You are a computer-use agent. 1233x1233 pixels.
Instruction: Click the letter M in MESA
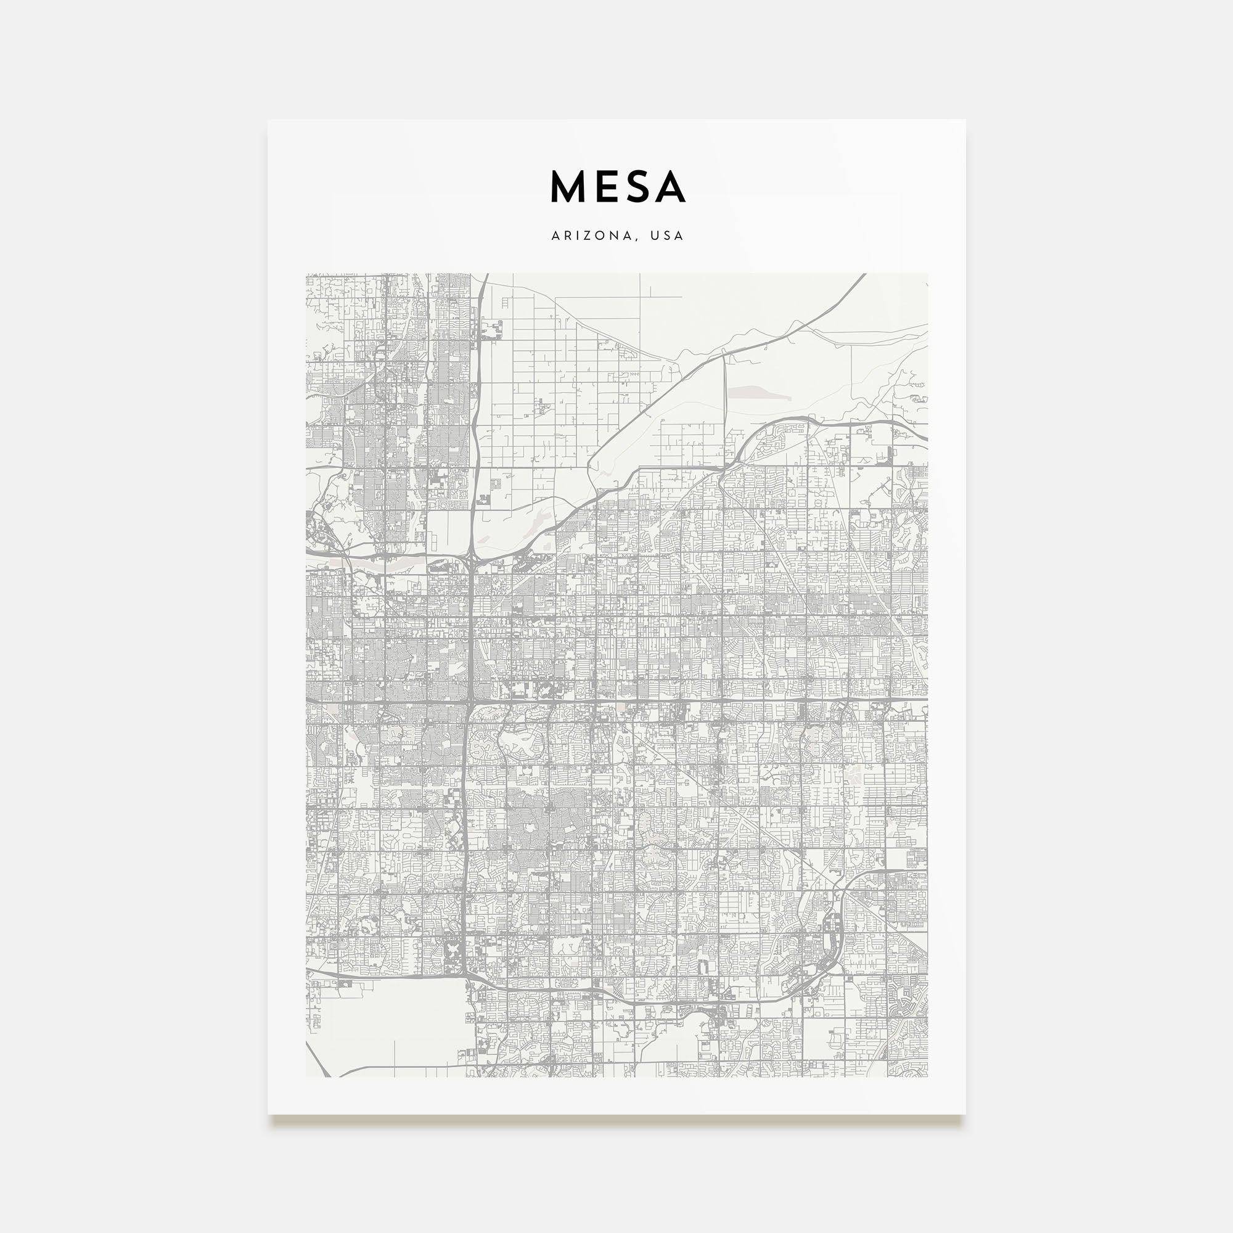point(568,186)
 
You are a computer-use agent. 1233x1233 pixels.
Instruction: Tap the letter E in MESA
point(607,186)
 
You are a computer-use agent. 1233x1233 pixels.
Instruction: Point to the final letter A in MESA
point(670,186)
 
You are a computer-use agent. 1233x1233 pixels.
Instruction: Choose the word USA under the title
point(668,236)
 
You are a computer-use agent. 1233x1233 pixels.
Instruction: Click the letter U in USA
point(655,236)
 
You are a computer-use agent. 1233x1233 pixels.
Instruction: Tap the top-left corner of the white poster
point(268,120)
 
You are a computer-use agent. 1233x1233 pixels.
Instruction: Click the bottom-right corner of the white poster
point(965,1114)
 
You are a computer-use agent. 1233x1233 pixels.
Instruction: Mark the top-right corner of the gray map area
point(927,274)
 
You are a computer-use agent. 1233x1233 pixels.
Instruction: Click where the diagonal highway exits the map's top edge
point(865,275)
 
